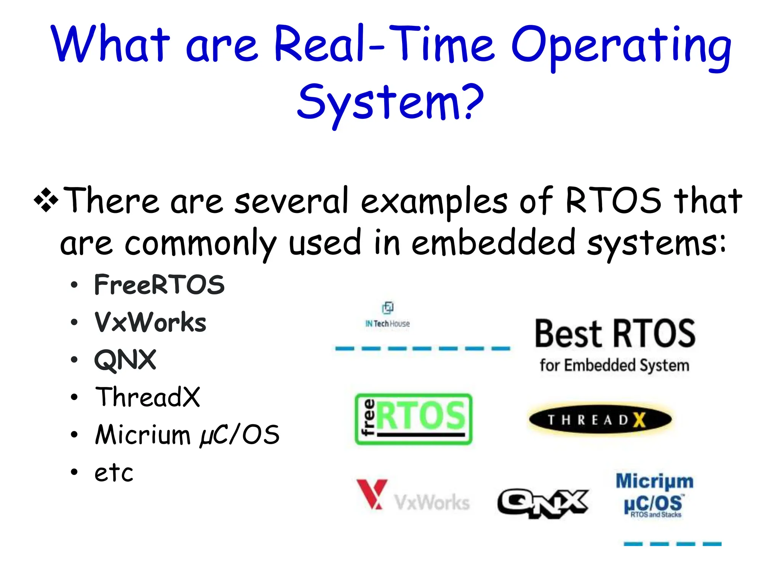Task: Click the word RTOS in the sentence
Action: coord(613,201)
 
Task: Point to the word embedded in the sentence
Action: coord(493,243)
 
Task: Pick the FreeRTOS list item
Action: coord(159,285)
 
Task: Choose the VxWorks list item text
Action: coord(150,322)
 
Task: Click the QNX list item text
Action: coord(125,360)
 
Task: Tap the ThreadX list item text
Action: coord(147,397)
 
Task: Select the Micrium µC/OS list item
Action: coord(187,435)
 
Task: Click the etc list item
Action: coord(114,473)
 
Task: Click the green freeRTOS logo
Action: coord(413,419)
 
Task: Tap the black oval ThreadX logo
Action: coord(600,420)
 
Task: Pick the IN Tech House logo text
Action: coord(387,323)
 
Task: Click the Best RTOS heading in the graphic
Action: coord(615,334)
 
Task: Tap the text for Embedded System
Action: coord(614,365)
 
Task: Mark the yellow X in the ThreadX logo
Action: coord(640,420)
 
